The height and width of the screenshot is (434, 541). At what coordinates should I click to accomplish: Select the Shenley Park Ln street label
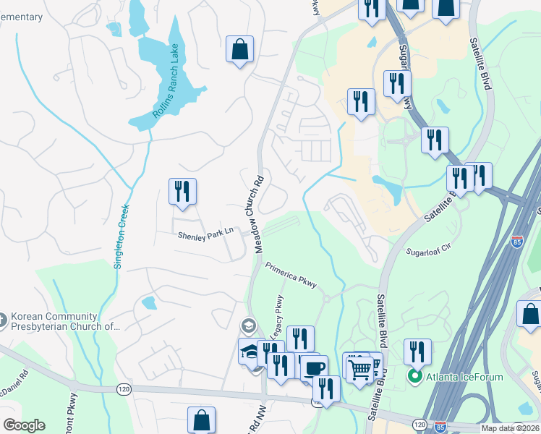(206, 234)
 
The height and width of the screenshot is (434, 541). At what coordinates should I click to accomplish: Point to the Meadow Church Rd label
(258, 210)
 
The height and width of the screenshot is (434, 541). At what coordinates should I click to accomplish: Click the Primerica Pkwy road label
(291, 275)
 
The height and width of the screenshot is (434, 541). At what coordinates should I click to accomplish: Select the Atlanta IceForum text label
(464, 376)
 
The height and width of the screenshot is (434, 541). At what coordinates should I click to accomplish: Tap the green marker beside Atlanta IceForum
(415, 376)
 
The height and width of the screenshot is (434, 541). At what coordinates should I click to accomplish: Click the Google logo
(23, 425)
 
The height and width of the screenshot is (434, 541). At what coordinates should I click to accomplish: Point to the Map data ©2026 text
(509, 428)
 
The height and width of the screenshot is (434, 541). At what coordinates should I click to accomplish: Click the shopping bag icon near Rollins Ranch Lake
(239, 50)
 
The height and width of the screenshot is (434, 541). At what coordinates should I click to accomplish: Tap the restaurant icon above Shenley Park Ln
(182, 192)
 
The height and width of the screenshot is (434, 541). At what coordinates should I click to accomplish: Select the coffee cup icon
(314, 368)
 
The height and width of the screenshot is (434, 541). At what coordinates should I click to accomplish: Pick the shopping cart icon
(359, 369)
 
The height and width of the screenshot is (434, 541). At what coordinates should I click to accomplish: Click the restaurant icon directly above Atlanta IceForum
(417, 352)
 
